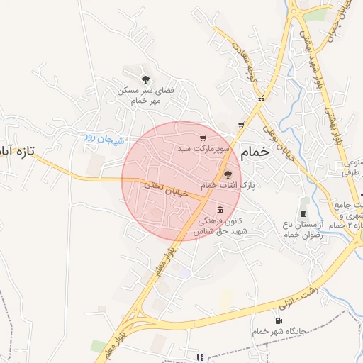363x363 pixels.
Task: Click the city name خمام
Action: tap(255, 152)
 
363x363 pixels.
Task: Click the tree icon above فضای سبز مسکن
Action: tap(145, 79)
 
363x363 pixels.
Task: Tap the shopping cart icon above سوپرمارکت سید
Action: tap(203, 138)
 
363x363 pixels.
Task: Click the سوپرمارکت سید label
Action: tap(203, 150)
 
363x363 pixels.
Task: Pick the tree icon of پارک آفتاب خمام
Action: tap(228, 174)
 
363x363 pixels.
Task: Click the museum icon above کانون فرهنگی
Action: tap(220, 210)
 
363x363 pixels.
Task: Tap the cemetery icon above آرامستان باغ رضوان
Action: tap(303, 213)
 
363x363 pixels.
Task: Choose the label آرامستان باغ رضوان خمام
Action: tap(303, 230)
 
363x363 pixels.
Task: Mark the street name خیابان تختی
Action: tap(166, 187)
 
